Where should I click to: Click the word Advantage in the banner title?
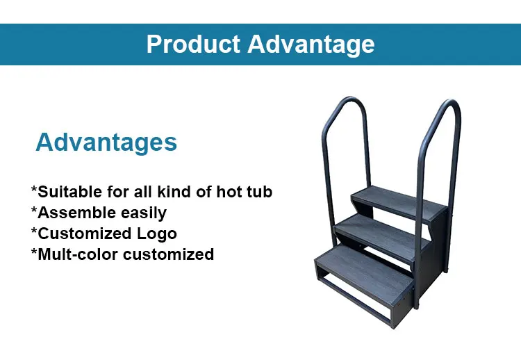(x=311, y=44)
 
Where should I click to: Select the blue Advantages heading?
(x=106, y=142)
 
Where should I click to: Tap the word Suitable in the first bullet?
(x=68, y=192)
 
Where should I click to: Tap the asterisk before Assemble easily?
(x=33, y=211)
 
